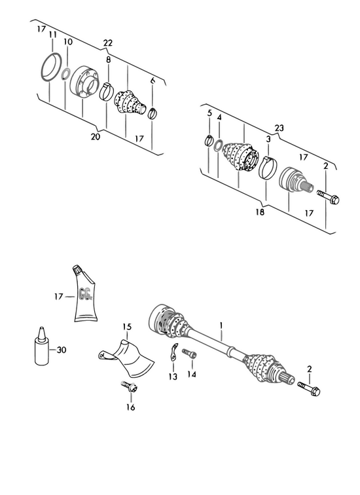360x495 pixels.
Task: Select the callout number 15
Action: point(127,327)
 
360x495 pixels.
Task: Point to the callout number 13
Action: point(173,376)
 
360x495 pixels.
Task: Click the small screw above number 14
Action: point(189,353)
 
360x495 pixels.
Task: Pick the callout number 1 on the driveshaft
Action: point(221,325)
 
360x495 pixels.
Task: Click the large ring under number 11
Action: point(51,68)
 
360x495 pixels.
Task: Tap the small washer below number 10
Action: point(65,74)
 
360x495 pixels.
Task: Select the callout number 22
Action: point(107,43)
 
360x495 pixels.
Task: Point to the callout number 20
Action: point(96,137)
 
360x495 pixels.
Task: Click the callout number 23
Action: point(279,128)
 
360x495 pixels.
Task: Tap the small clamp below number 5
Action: point(209,140)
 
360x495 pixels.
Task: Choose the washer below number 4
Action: point(218,145)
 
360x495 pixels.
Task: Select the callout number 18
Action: point(260,212)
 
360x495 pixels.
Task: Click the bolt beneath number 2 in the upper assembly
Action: point(328,197)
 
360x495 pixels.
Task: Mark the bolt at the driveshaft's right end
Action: point(309,389)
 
